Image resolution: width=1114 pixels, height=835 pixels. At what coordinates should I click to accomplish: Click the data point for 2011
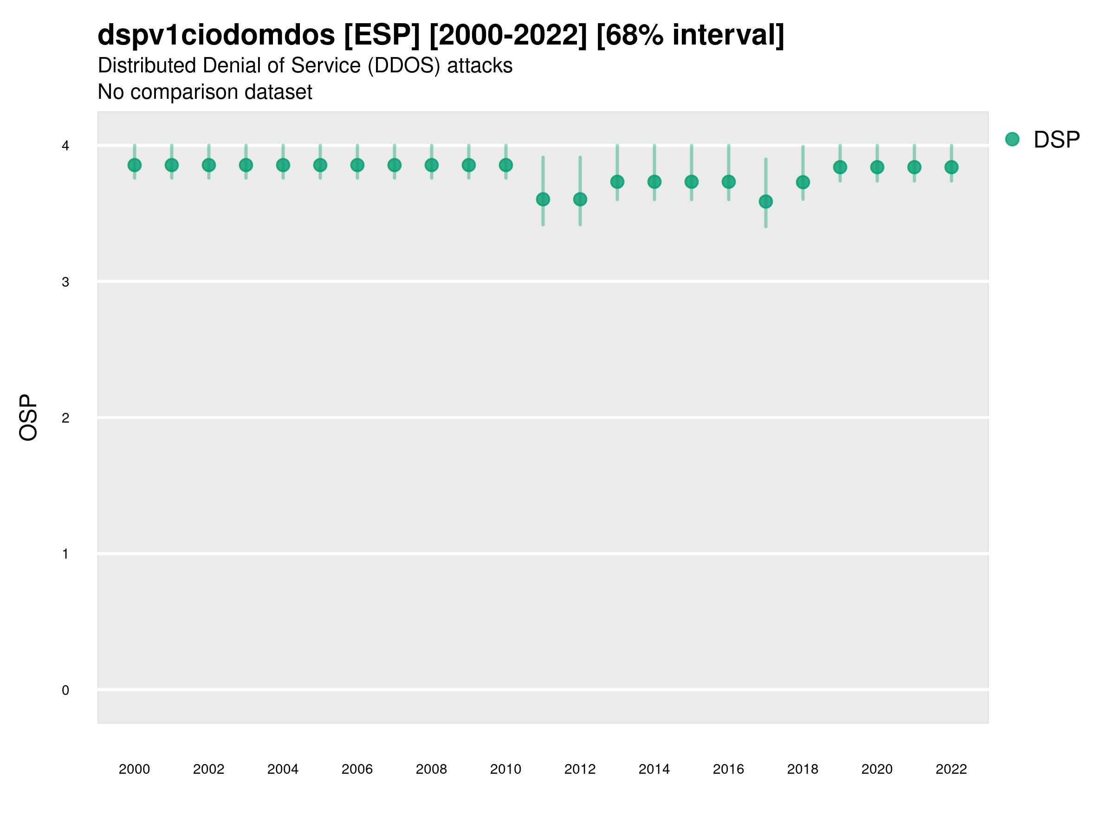(x=543, y=199)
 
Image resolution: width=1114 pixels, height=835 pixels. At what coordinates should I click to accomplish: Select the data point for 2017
(x=765, y=201)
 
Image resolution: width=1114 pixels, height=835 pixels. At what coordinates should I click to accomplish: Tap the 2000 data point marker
(x=135, y=165)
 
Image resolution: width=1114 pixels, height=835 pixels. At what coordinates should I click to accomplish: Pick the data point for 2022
(x=952, y=167)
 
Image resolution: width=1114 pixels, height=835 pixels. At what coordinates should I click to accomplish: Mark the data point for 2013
(x=617, y=182)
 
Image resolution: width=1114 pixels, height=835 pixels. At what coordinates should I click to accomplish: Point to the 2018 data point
(x=803, y=182)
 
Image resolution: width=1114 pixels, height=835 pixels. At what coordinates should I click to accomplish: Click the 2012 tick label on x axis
(x=580, y=769)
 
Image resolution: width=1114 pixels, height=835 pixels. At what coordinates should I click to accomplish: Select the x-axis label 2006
(x=357, y=769)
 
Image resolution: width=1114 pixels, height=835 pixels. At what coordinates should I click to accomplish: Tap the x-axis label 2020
(x=877, y=769)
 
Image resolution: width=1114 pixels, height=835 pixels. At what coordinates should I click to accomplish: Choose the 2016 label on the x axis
(x=728, y=769)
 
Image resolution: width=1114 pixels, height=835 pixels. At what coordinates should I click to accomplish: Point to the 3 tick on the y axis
(x=65, y=282)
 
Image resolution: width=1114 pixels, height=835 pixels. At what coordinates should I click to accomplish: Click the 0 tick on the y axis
(x=65, y=690)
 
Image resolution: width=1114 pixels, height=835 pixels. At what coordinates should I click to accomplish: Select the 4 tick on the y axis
(x=65, y=146)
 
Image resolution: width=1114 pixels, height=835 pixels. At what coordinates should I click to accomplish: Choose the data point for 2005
(x=320, y=165)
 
